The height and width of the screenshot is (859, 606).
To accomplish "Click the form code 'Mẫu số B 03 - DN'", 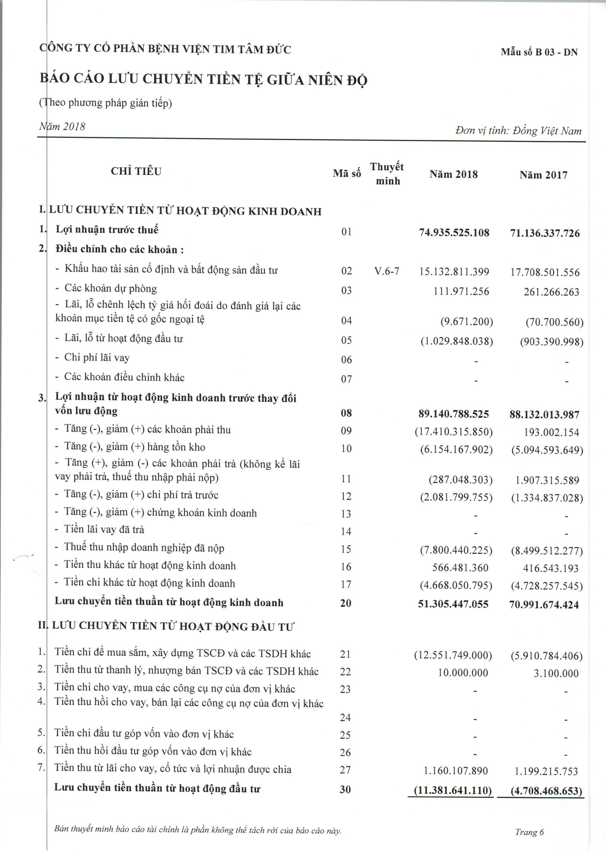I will coord(539,52).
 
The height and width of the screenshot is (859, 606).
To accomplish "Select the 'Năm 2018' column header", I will coord(453,174).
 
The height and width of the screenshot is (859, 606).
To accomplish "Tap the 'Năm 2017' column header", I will coord(543,175).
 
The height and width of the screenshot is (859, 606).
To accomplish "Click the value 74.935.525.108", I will coord(454,233).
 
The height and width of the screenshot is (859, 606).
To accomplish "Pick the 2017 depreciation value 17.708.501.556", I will coord(545,272).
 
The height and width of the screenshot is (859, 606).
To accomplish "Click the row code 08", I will coord(346,413).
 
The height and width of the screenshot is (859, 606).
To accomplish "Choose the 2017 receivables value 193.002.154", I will coord(551,433).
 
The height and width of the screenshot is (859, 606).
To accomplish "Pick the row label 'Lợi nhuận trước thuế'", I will coord(107,229).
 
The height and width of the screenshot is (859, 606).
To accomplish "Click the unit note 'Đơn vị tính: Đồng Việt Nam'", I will coord(518,131).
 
